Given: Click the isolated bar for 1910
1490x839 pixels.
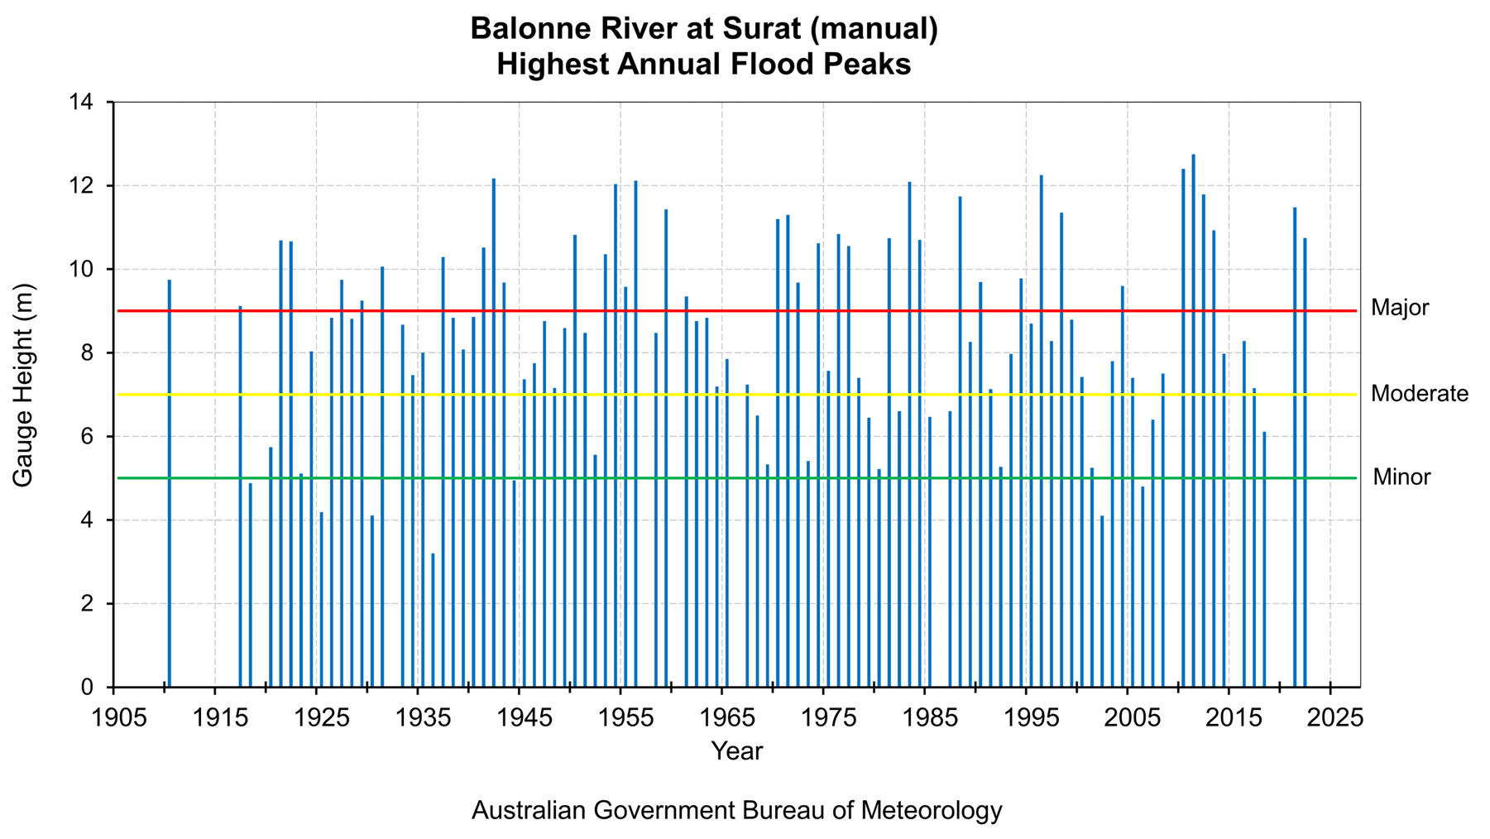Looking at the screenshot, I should point(170,483).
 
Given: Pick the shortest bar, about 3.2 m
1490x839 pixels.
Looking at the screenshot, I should point(433,620).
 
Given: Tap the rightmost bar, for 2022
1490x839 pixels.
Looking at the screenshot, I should point(1305,463).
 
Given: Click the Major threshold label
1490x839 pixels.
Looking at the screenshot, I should point(1400,308).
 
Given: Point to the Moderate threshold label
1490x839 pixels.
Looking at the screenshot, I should point(1419,394).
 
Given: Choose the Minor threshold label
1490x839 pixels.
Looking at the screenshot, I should point(1401,477).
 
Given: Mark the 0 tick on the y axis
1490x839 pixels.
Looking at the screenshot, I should point(87,688).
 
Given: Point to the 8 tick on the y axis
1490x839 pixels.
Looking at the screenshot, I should point(87,353).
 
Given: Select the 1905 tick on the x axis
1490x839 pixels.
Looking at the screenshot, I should point(113,717).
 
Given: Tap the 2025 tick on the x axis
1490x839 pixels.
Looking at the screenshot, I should point(1330,717).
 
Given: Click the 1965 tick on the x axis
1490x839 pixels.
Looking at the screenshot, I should point(722,717).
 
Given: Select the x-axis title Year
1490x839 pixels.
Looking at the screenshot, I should point(736,751).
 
